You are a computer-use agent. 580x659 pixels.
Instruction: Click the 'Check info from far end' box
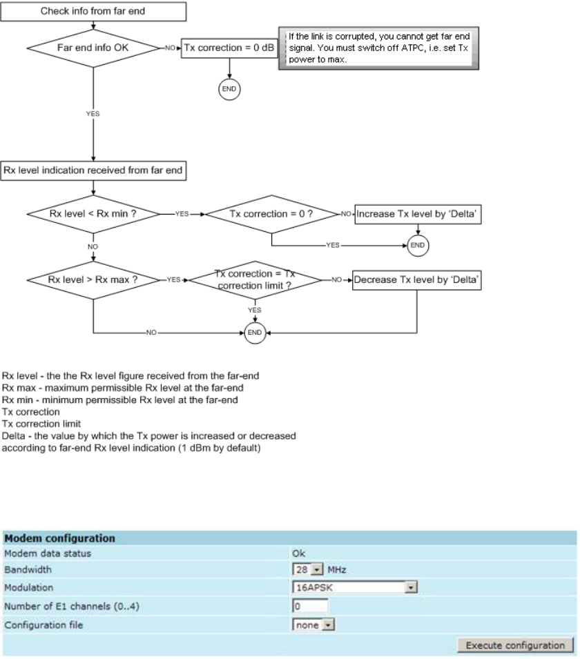click(93, 11)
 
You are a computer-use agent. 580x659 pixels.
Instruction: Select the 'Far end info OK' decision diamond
click(93, 49)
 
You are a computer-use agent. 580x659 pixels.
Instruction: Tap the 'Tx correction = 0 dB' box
click(229, 49)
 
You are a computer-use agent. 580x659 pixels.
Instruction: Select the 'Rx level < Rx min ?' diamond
click(93, 213)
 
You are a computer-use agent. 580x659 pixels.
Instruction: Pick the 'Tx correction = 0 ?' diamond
click(271, 213)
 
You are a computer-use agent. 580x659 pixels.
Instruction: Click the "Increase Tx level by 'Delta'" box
click(418, 213)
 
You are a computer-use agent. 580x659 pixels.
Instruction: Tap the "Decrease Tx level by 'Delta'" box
click(417, 281)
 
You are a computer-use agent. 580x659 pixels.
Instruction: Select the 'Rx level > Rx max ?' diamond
click(93, 281)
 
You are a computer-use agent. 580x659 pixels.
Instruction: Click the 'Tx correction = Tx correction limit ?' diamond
click(255, 280)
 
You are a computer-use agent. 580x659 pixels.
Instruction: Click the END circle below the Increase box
click(418, 244)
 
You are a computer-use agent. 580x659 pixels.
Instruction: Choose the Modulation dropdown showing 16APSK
click(354, 587)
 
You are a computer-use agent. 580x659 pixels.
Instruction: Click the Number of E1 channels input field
click(310, 605)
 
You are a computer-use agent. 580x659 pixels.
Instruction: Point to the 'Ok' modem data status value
click(299, 553)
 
